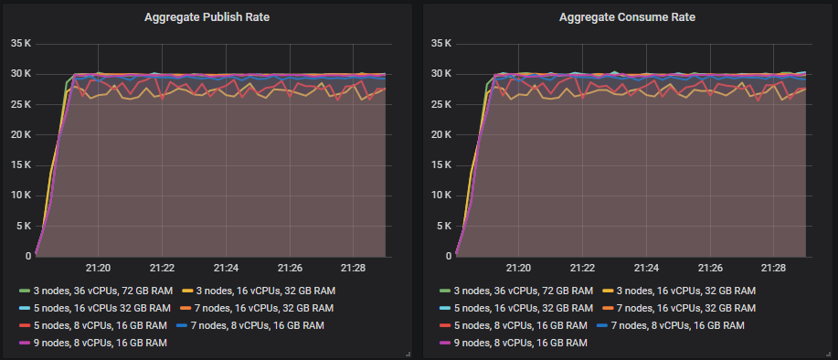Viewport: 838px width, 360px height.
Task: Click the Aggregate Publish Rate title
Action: tap(207, 16)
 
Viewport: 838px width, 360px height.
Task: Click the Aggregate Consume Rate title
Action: tap(628, 16)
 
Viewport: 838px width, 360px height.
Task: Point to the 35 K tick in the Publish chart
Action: tap(20, 43)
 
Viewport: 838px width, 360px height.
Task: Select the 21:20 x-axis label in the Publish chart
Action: tap(98, 268)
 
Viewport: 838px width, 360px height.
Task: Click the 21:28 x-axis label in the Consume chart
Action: tap(774, 268)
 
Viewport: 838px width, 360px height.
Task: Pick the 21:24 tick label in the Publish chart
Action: tap(226, 268)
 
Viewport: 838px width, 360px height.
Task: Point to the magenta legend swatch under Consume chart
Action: tap(445, 342)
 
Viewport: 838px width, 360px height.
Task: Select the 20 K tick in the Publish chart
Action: tap(20, 134)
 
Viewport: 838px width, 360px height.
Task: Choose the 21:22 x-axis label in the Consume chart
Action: tap(582, 268)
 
